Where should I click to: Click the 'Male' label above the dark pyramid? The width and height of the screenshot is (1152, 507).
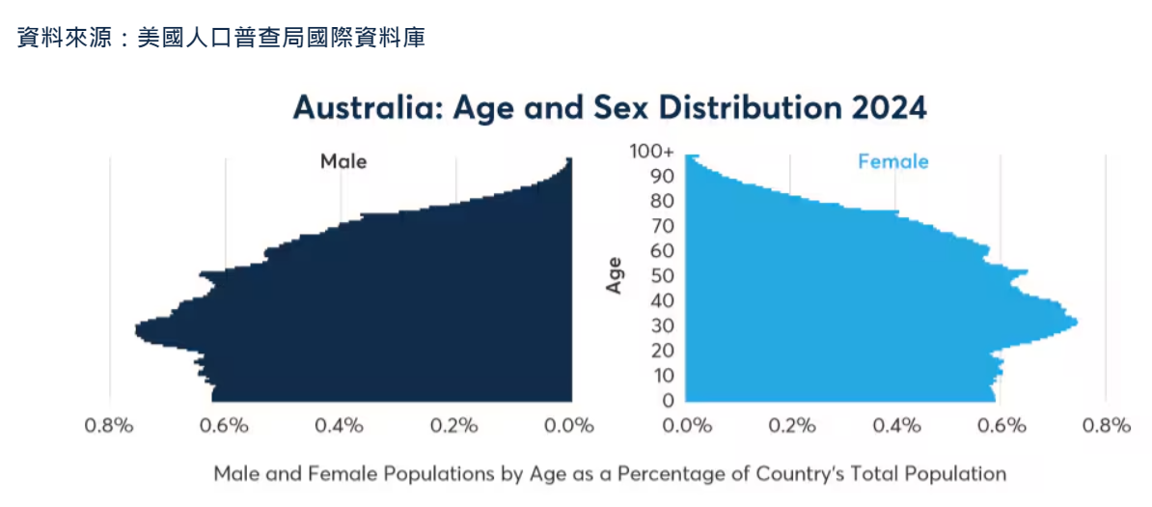tap(343, 161)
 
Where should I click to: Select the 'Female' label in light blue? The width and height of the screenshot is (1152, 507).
tap(892, 161)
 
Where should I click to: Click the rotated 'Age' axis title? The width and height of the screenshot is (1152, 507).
tap(614, 275)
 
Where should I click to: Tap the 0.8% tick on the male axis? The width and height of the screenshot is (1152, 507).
tap(109, 426)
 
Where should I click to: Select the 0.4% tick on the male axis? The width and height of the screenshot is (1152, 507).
tap(340, 426)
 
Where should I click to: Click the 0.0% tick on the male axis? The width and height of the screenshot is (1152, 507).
tap(570, 426)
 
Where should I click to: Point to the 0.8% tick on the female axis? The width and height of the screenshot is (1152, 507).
tap(1106, 426)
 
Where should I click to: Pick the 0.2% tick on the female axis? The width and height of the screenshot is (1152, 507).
tap(792, 426)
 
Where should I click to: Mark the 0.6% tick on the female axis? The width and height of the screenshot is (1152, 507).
tap(1001, 426)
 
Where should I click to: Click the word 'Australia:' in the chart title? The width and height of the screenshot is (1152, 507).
tap(367, 107)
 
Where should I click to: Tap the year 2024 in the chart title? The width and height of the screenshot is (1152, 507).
tap(889, 107)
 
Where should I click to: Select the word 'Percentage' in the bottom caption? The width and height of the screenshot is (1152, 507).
tap(662, 474)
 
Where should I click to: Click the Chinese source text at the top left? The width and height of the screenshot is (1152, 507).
tap(221, 39)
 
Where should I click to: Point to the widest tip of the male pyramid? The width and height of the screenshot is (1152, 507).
tap(138, 330)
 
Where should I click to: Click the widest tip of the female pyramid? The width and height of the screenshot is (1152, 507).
tap(1075, 322)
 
